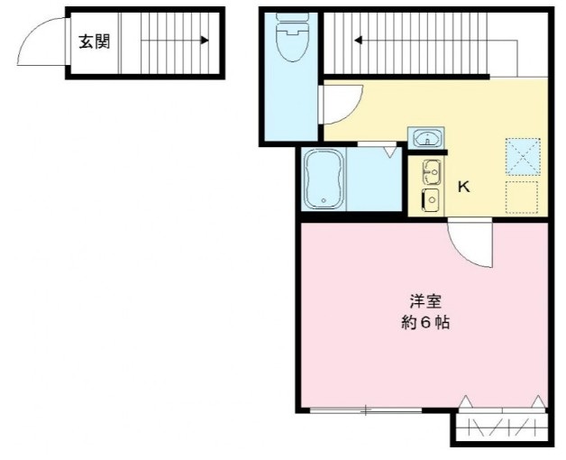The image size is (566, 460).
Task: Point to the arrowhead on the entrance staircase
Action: [205, 41]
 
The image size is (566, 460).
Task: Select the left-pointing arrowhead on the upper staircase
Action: [358, 40]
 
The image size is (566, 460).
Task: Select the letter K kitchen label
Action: [464, 188]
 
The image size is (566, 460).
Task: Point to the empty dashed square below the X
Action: [522, 197]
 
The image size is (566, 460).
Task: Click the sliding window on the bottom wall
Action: [365, 411]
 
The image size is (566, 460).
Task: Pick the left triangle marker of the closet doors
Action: [466, 401]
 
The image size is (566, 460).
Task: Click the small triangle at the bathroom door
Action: [389, 152]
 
